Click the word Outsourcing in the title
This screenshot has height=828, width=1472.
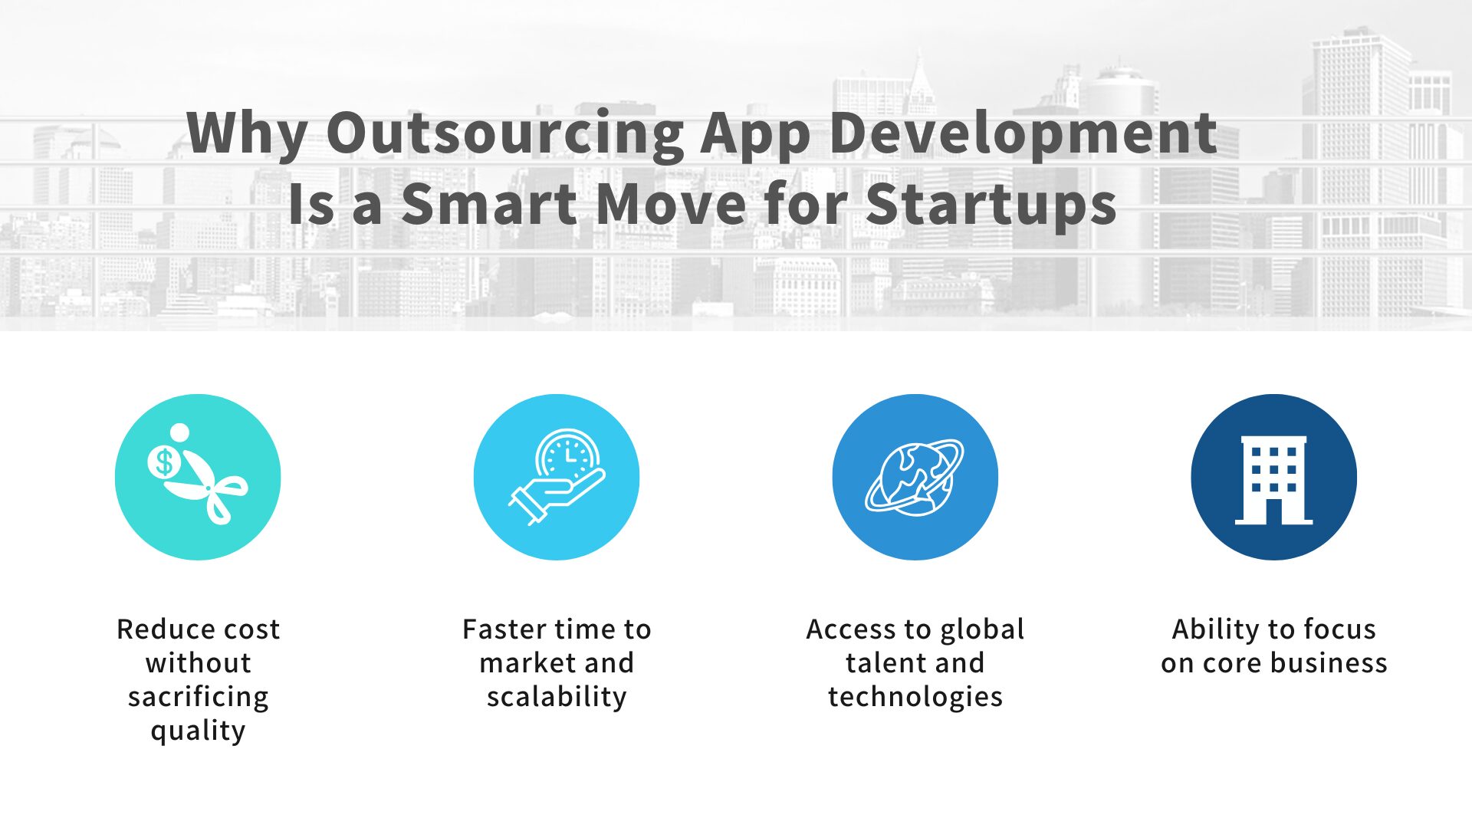pyautogui.click(x=504, y=133)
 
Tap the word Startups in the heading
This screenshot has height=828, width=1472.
pyautogui.click(x=991, y=205)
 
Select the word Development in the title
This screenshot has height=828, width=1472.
pyautogui.click(x=1023, y=133)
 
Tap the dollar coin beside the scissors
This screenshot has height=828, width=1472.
pyautogui.click(x=163, y=462)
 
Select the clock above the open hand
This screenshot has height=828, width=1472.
pyautogui.click(x=568, y=455)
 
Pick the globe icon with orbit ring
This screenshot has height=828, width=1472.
pyautogui.click(x=915, y=477)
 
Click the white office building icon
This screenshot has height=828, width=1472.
pyautogui.click(x=1273, y=479)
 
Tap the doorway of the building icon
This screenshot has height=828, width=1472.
pyautogui.click(x=1273, y=511)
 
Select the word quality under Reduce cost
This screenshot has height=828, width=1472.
pyautogui.click(x=198, y=731)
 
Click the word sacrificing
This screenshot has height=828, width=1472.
pyautogui.click(x=198, y=697)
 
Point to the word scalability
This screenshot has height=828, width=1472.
pyautogui.click(x=557, y=697)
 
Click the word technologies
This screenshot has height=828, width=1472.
pyautogui.click(x=915, y=697)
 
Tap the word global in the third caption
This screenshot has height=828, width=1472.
pyautogui.click(x=982, y=629)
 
